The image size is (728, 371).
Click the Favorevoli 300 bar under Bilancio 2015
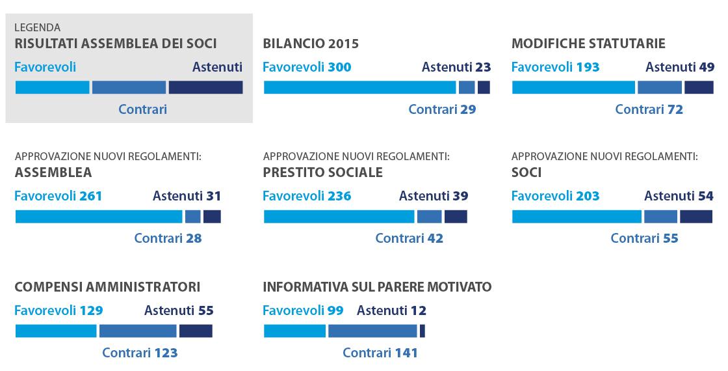pos(360,87)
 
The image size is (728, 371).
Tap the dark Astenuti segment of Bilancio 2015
pos(484,87)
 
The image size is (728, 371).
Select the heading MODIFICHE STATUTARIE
pos(588,44)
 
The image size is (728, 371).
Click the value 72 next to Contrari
pos(675,110)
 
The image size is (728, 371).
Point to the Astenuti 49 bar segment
pos(699,87)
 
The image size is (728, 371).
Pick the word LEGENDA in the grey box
pos(37,28)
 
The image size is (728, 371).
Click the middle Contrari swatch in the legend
pos(129,87)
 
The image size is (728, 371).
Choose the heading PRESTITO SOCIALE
pos(322,172)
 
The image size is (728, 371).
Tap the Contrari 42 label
pos(409,238)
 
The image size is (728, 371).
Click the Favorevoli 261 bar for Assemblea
pos(99,216)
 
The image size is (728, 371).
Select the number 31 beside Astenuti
pos(214,196)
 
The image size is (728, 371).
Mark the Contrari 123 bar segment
pos(138,331)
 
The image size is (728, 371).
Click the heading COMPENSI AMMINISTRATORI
pos(107,287)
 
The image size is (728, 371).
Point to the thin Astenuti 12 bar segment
pos(422,331)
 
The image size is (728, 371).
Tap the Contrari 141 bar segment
pos(372,331)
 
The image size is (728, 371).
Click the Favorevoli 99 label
pos(303,310)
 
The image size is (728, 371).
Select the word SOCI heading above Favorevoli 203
pos(526,172)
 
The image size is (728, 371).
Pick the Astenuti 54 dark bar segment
pos(696,216)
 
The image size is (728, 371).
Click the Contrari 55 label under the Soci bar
pos(644,238)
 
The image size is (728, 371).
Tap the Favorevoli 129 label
pos(58,310)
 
